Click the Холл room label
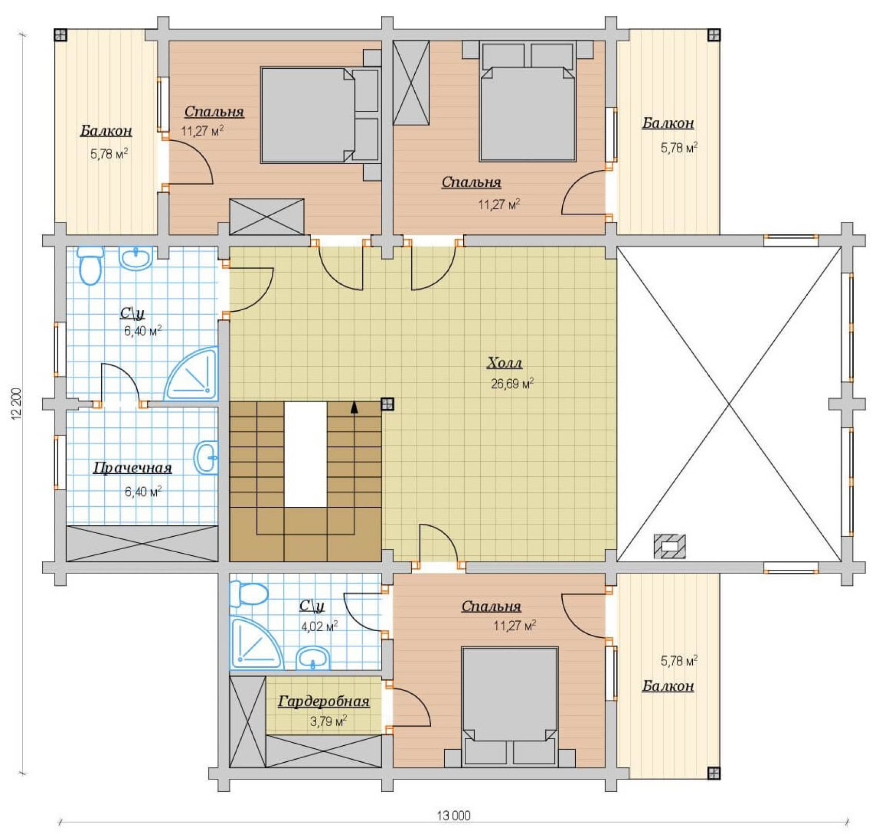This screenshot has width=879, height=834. click(504, 363)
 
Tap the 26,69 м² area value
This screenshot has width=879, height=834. click(512, 383)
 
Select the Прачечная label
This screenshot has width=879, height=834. click(133, 469)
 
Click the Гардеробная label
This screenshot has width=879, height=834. click(324, 702)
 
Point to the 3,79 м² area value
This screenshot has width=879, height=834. click(329, 721)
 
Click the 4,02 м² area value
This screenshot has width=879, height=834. click(319, 627)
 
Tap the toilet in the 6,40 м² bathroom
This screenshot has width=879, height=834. click(91, 265)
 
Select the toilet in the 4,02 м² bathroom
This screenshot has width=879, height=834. click(249, 594)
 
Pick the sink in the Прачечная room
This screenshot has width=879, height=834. click(206, 457)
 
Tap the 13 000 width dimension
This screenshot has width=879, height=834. click(454, 816)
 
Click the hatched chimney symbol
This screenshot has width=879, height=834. click(670, 547)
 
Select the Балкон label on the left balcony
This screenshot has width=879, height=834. click(106, 131)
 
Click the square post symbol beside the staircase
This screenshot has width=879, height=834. click(387, 404)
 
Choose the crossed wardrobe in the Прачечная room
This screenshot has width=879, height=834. click(142, 543)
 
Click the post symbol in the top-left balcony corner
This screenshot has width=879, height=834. click(60, 35)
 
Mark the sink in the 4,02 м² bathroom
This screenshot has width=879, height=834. click(313, 659)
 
